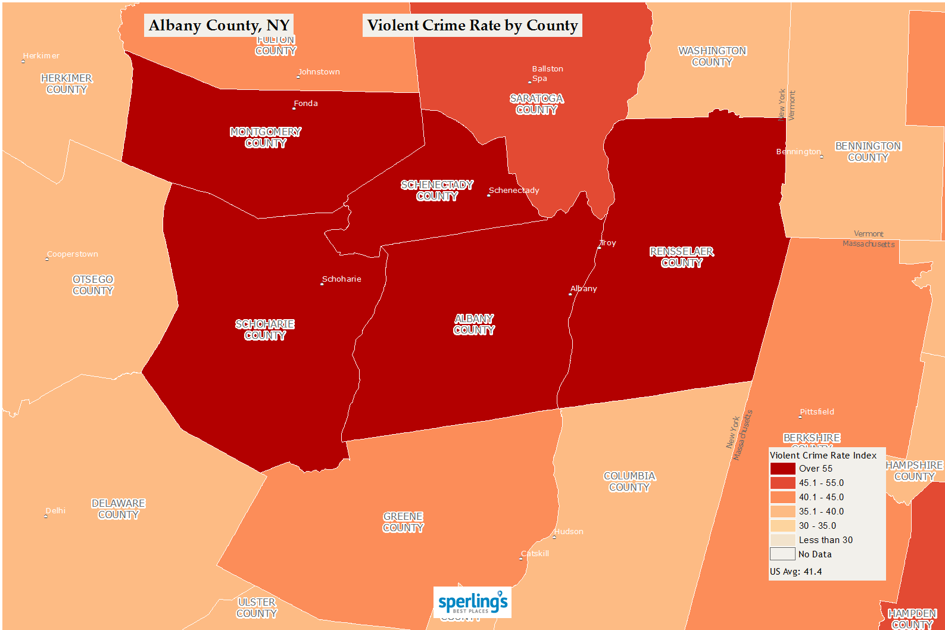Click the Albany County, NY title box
(x=219, y=26)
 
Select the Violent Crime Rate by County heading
(x=472, y=26)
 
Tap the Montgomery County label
(x=266, y=138)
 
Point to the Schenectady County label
(x=437, y=191)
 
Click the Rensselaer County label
(x=682, y=257)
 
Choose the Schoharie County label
(x=265, y=330)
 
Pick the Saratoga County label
(x=537, y=104)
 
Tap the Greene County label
(x=403, y=522)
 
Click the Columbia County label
(x=629, y=482)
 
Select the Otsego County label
(x=93, y=285)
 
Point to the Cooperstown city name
(x=73, y=254)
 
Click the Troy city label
(x=608, y=243)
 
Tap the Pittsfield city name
(x=817, y=412)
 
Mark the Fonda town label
(x=305, y=104)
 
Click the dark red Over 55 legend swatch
(x=782, y=469)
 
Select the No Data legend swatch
(x=782, y=554)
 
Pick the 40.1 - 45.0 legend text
(x=821, y=497)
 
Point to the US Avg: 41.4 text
(x=796, y=572)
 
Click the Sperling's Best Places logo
(x=473, y=603)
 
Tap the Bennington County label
(x=868, y=152)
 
